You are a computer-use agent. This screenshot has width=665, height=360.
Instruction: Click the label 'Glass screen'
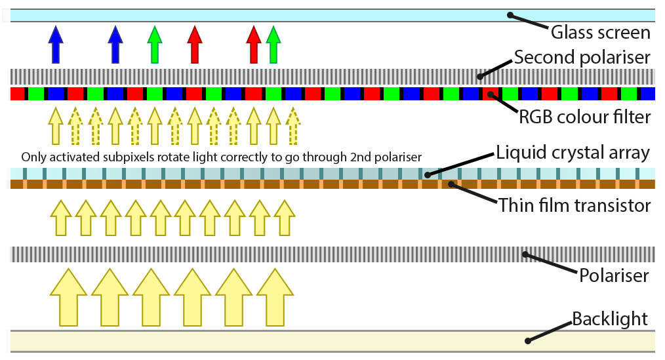coord(600,31)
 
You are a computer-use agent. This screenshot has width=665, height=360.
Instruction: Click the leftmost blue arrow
coord(56,44)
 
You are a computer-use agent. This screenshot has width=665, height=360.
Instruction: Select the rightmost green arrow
coord(273,44)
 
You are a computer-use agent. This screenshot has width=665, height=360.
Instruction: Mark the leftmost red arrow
coord(193,44)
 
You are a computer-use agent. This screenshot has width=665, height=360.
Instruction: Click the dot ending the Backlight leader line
coord(529,340)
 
